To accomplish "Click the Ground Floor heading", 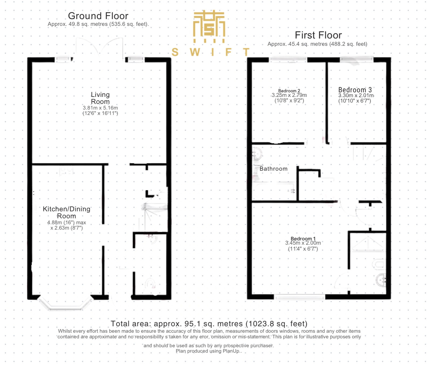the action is tap(98, 16).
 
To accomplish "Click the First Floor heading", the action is tap(318, 35).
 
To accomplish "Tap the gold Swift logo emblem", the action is tap(209, 26).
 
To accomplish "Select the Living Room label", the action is tap(100, 98).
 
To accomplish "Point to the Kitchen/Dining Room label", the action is tap(67, 212).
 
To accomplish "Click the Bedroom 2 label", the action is tap(289, 91).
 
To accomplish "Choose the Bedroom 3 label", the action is tap(355, 90).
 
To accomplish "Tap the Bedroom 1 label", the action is tap(303, 238).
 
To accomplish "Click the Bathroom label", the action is tap(273, 169).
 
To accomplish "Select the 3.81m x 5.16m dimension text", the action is tap(100, 108).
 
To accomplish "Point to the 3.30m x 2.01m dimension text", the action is tap(356, 95).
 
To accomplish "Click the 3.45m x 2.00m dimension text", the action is tap(303, 243).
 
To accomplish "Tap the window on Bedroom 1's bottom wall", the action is tap(300, 297).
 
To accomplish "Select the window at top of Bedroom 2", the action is tap(288, 60).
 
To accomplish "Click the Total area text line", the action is tap(209, 324).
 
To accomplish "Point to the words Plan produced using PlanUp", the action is tap(208, 351).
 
